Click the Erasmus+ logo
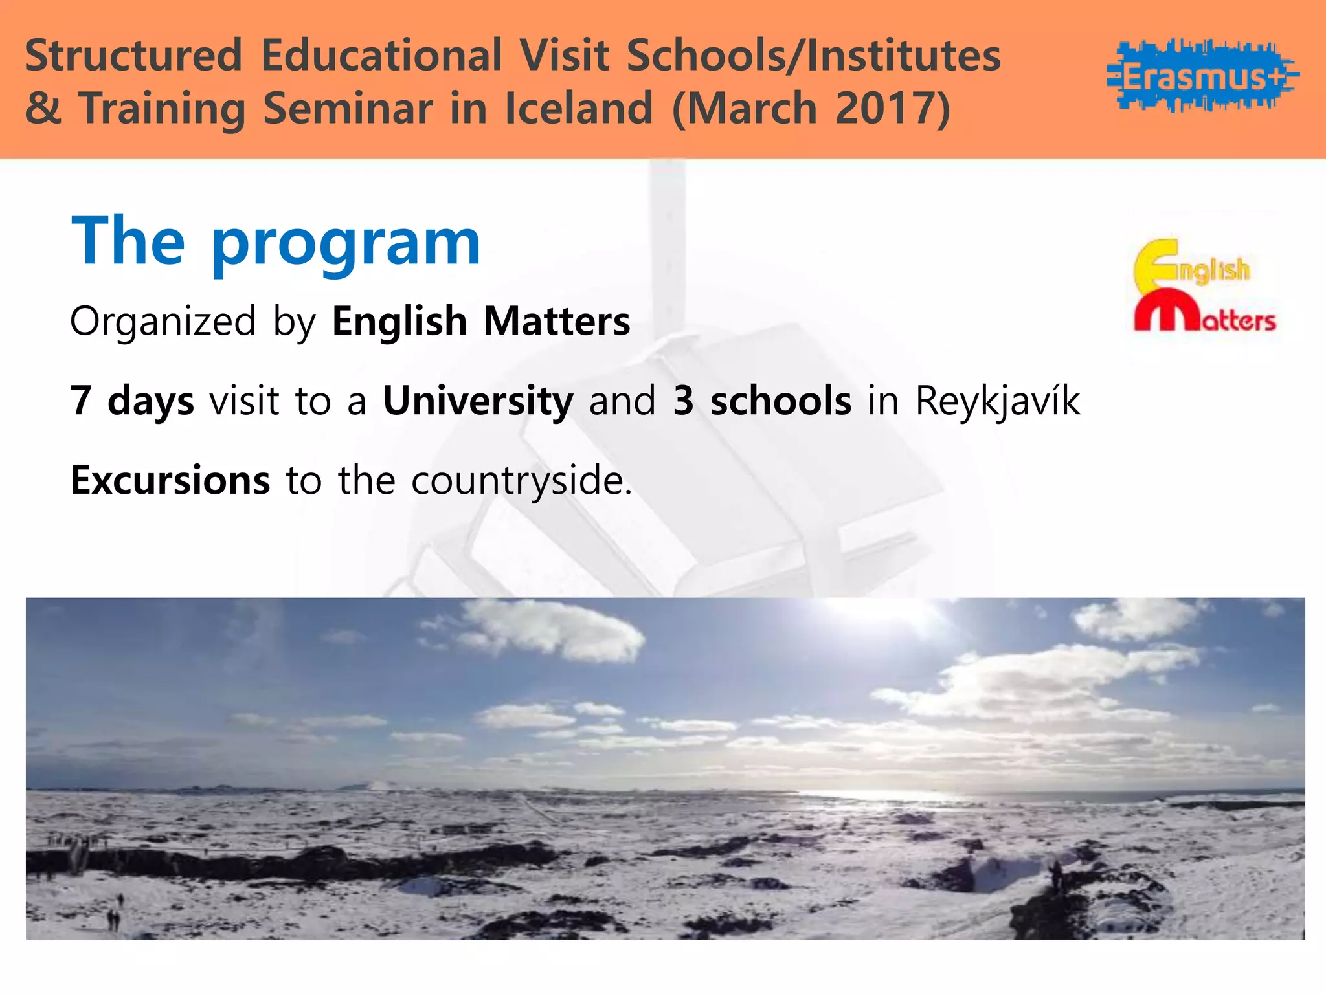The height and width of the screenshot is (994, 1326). coord(1202,76)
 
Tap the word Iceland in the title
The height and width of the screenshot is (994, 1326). coord(578,108)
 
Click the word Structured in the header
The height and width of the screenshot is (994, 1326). coord(133,56)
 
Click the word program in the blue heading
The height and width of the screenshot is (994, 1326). coord(346,243)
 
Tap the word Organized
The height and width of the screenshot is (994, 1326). coord(163,321)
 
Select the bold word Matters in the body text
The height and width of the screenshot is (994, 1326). coord(556,321)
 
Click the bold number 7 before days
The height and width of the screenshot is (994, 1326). coord(80,401)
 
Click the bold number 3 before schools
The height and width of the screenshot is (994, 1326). coord(684,401)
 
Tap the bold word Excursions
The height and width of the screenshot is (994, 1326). coord(170,480)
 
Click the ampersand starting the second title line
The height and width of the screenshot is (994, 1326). coord(43,108)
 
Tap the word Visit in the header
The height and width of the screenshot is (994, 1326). coord(565,56)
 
